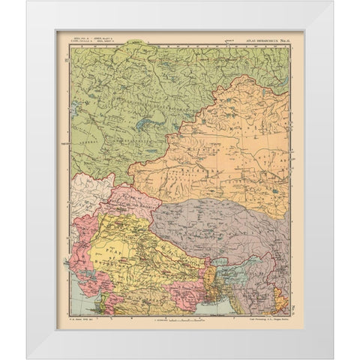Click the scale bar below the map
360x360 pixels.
point(178,318)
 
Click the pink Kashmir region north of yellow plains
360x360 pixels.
point(131,202)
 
